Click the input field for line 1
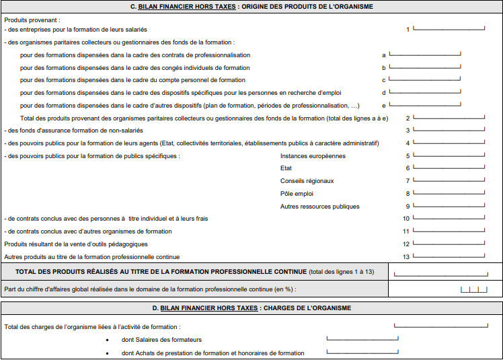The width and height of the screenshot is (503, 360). tap(449, 29)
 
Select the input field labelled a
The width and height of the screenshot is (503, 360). tap(424, 54)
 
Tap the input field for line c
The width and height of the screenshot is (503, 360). tap(424, 79)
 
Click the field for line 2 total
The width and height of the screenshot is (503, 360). tap(449, 117)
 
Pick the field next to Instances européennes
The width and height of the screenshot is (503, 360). tap(449, 155)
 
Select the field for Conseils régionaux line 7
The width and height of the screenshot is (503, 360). tap(449, 180)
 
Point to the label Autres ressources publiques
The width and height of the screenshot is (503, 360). tap(319, 207)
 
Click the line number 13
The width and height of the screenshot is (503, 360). tap(406, 256)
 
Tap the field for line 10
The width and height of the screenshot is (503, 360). tap(449, 218)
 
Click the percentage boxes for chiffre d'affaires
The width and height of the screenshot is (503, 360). tap(473, 289)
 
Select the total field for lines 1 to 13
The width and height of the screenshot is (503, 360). tap(440, 273)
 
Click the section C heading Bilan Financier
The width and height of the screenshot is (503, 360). tap(251, 6)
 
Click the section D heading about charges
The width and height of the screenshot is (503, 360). tap(251, 308)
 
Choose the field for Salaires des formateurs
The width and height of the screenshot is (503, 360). tap(362, 339)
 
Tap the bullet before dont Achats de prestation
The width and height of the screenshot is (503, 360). tap(108, 353)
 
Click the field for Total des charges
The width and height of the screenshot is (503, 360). tap(440, 326)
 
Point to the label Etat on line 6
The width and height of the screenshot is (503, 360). tap(286, 168)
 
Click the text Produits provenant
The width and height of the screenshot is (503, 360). tap(32, 20)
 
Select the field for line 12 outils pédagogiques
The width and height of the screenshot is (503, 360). tap(449, 244)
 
